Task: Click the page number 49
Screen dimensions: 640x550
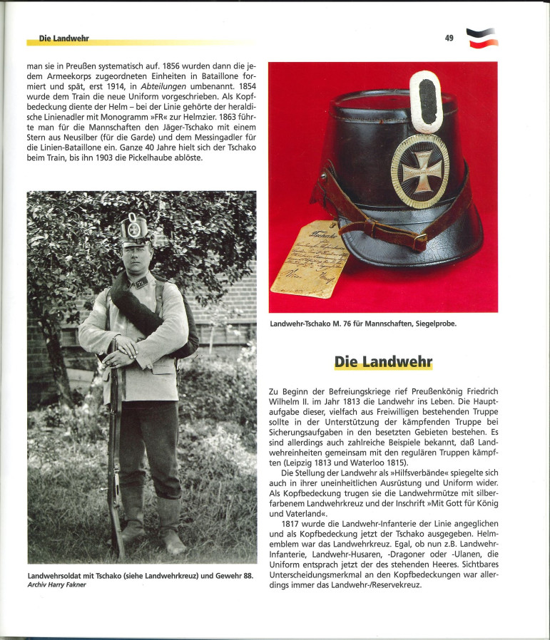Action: tap(449, 38)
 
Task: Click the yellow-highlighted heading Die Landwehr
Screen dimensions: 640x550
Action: tap(383, 361)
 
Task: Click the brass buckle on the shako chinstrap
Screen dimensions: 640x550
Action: tap(421, 241)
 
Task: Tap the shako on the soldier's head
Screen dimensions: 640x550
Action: tap(134, 230)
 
